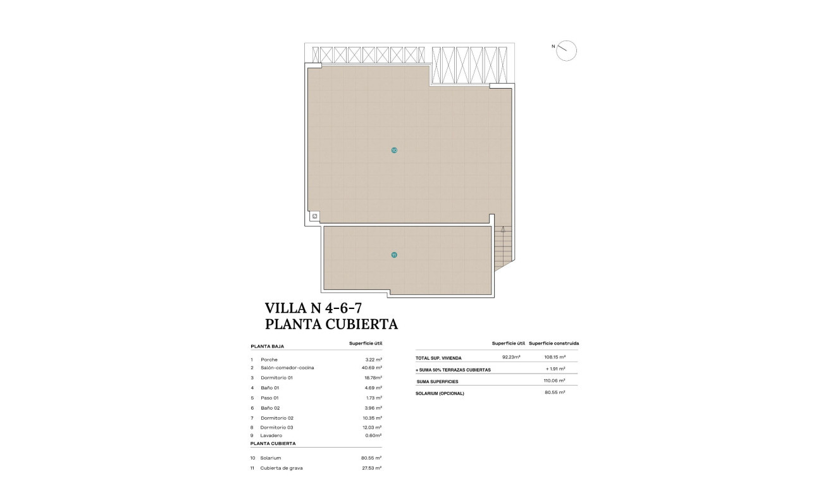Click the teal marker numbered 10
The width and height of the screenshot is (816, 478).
pyautogui.click(x=394, y=151)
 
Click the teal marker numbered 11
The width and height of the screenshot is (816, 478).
pyautogui.click(x=394, y=255)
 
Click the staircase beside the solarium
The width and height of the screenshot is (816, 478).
pyautogui.click(x=503, y=247)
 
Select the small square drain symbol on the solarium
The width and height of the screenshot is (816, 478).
pyautogui.click(x=314, y=217)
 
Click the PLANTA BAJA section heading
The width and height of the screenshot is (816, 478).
pyautogui.click(x=267, y=347)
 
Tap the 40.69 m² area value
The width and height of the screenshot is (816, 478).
pyautogui.click(x=370, y=368)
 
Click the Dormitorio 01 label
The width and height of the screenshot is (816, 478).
pyautogui.click(x=276, y=378)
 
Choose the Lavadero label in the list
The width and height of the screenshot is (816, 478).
pyautogui.click(x=271, y=436)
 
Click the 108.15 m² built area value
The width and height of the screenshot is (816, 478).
pyautogui.click(x=554, y=357)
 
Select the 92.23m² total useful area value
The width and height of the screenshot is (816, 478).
pyautogui.click(x=511, y=357)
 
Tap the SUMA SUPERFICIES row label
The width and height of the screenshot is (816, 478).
pyautogui.click(x=437, y=382)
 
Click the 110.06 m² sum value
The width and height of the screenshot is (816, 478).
pyautogui.click(x=554, y=381)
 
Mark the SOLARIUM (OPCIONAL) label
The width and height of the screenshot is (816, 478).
pyautogui.click(x=440, y=393)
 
